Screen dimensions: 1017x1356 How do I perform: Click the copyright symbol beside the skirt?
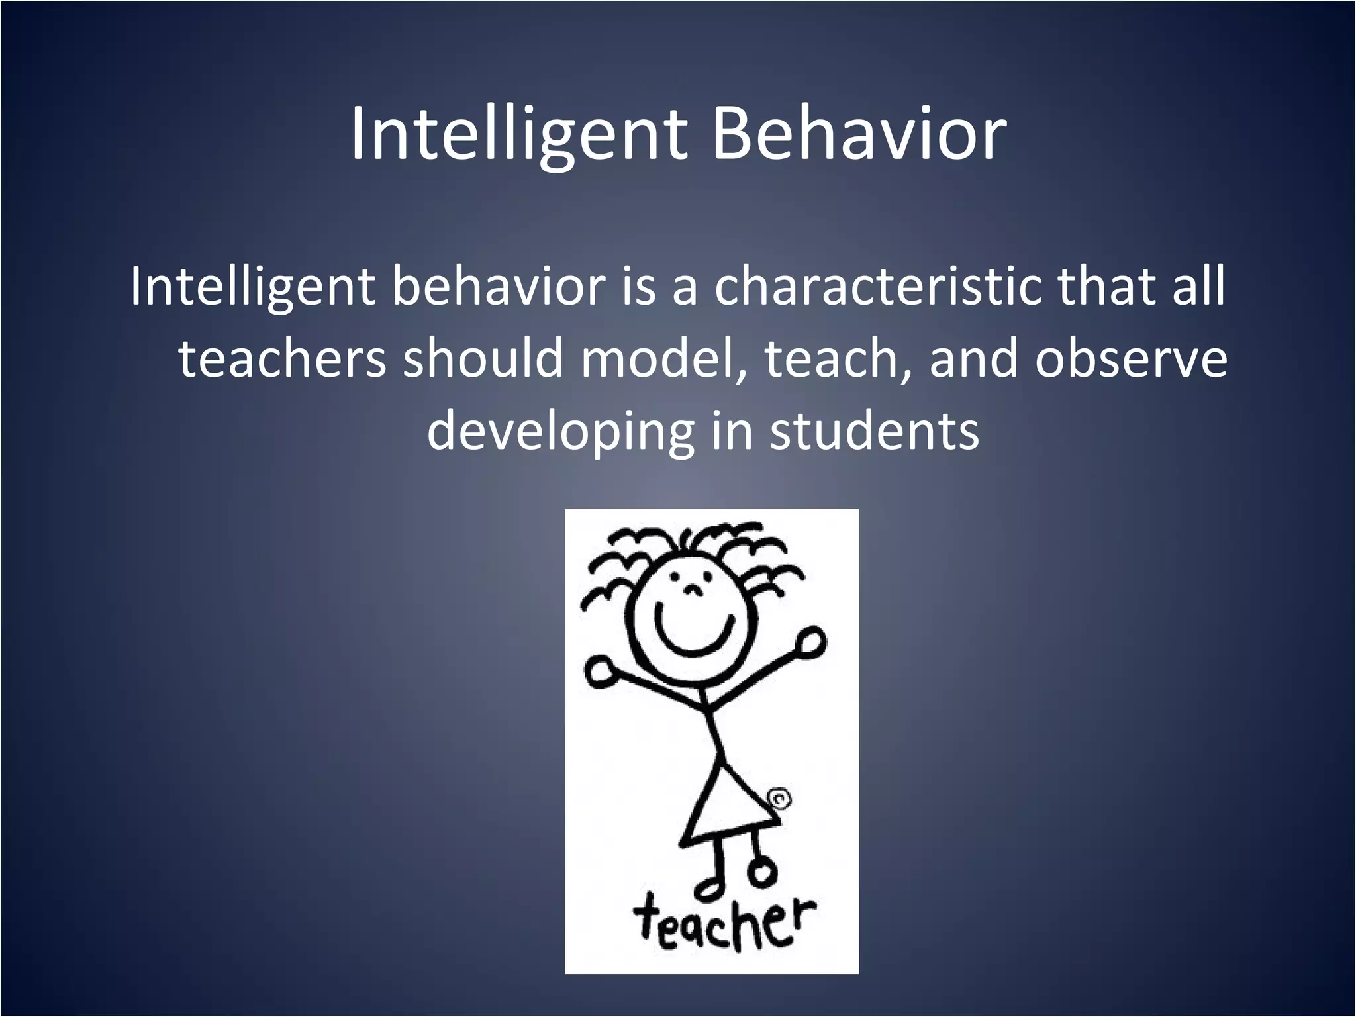click(x=780, y=800)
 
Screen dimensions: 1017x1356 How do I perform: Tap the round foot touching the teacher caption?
click(x=763, y=874)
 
